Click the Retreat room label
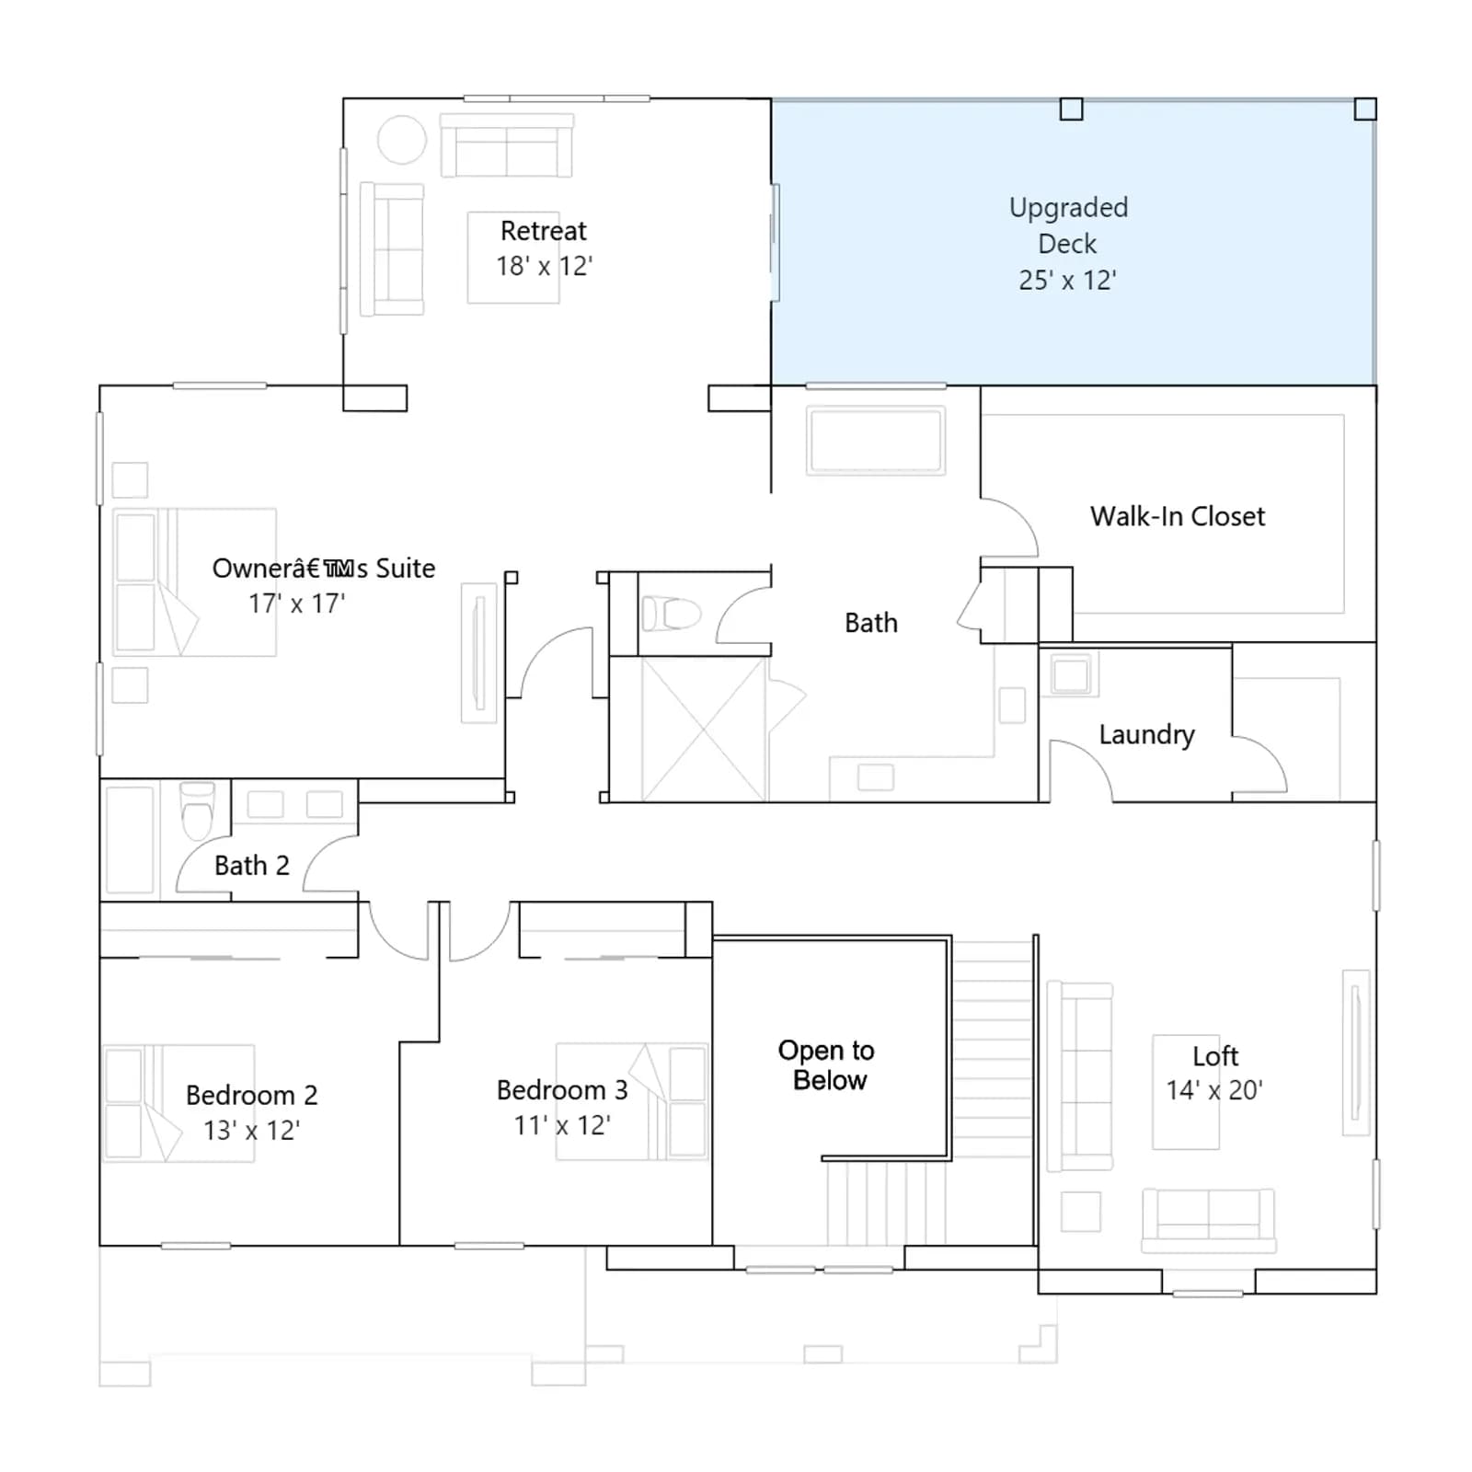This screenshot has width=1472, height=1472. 543,230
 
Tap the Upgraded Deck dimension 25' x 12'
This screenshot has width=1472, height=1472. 1067,280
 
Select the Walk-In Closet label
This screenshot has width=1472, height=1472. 1178,516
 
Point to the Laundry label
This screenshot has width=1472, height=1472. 1146,734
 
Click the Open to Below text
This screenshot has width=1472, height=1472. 826,1064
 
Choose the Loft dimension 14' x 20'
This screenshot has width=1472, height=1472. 1214,1090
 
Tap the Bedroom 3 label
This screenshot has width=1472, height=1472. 562,1090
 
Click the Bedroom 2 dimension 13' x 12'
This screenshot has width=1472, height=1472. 251,1130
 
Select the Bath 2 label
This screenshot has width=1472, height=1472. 251,866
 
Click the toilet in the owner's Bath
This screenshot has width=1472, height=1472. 672,614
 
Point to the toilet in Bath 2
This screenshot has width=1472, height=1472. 197,811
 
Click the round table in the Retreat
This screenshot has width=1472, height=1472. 402,140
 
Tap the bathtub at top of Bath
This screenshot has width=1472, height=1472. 875,441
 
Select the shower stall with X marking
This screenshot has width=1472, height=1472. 704,729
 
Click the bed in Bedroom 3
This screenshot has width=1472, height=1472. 632,1101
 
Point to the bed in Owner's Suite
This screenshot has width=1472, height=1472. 194,582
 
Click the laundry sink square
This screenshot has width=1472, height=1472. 1071,674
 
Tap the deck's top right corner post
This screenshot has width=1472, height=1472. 1365,109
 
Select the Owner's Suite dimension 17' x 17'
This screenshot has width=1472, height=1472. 296,604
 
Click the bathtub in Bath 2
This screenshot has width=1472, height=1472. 130,839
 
